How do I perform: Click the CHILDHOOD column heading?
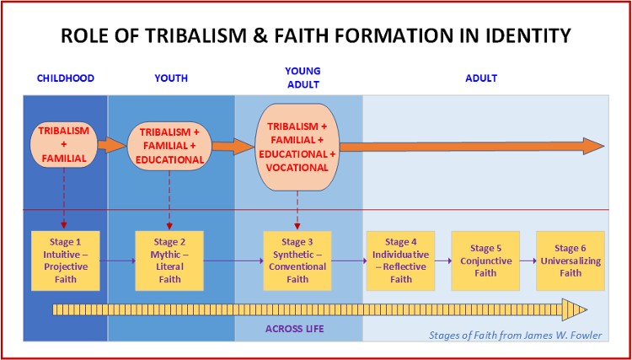pos(65,78)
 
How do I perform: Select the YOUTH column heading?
pos(170,78)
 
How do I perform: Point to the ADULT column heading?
pos(481,78)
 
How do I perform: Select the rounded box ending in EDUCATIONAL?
pos(170,146)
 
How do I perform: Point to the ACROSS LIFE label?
pos(296,327)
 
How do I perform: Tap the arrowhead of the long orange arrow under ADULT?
pos(595,145)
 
